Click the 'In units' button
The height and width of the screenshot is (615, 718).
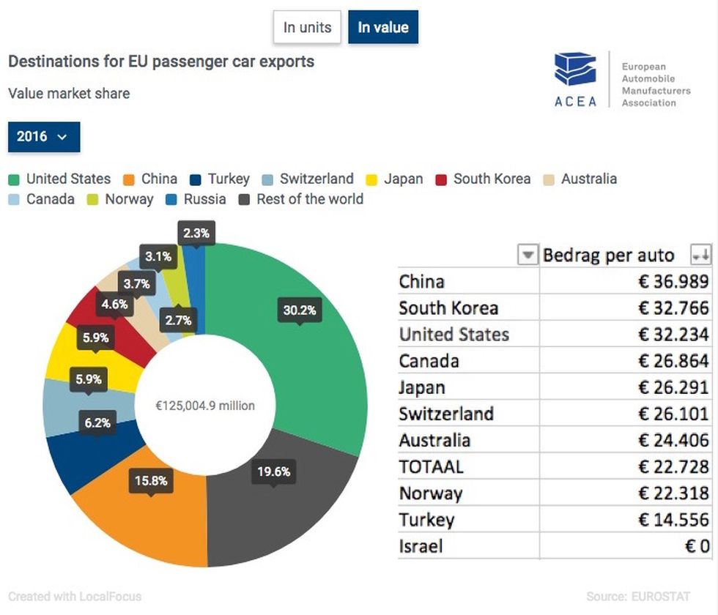click(307, 27)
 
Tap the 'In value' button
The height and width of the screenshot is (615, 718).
click(383, 27)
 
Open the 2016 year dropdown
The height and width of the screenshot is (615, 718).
click(44, 136)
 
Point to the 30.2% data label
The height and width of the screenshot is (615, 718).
click(300, 310)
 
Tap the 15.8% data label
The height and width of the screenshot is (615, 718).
click(151, 480)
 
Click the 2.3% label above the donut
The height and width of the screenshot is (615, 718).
click(196, 234)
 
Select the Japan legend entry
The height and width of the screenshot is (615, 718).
click(394, 179)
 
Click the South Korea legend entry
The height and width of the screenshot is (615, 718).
click(483, 179)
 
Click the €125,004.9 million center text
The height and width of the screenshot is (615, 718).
click(205, 406)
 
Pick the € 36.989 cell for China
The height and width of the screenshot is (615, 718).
click(673, 281)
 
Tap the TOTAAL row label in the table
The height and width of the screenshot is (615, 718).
click(432, 467)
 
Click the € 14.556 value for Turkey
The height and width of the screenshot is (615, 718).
click(673, 520)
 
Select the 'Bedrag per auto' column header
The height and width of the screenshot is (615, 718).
click(609, 255)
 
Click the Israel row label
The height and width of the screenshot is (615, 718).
click(421, 546)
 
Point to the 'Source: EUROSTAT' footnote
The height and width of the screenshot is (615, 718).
click(638, 597)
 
